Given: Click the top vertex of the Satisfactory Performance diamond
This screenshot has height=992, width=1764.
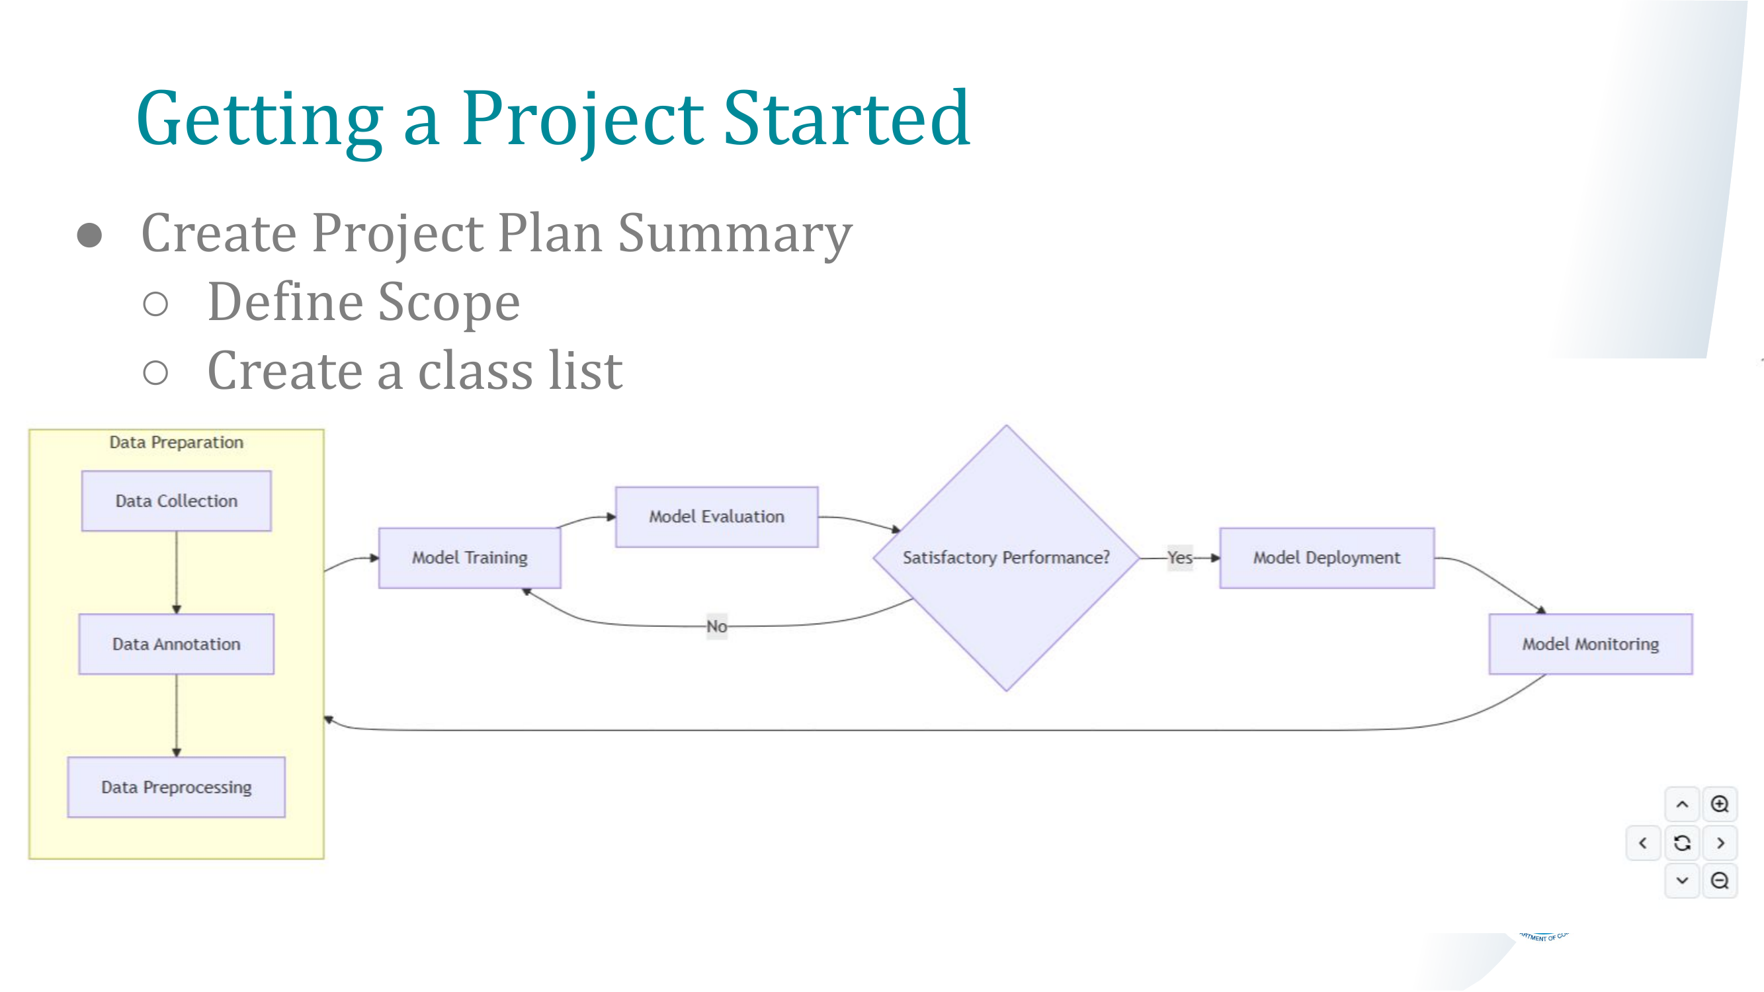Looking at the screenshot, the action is (1006, 426).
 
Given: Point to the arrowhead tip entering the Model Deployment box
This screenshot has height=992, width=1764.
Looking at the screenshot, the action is (1220, 558).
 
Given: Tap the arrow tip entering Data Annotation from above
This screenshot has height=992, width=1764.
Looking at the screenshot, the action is (177, 614).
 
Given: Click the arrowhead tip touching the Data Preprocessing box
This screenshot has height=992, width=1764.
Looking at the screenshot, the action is (177, 757).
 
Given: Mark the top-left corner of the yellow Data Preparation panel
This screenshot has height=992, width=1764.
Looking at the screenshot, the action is (30, 430).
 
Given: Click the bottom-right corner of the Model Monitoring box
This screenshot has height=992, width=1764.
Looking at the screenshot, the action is (1692, 674).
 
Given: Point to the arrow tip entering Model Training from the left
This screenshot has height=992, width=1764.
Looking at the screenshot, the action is (379, 558).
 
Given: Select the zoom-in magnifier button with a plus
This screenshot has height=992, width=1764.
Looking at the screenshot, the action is (1720, 804).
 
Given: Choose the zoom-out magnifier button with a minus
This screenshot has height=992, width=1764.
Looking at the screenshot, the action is (1720, 880).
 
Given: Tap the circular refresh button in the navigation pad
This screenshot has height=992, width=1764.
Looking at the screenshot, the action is (1682, 843).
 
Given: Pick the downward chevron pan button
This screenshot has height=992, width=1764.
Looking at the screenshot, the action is (1682, 880).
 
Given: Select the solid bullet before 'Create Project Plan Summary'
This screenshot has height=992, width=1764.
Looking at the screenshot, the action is (89, 235).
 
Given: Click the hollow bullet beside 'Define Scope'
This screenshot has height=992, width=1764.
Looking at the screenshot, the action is (155, 304).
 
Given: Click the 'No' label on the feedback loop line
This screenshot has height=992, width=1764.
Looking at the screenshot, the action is (716, 626).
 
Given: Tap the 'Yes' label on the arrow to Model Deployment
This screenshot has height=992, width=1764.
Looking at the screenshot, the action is (1180, 558).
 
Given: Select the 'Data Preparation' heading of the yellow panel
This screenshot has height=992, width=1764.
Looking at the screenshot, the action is (177, 442).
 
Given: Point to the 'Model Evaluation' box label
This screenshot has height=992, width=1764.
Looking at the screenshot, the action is (716, 517).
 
